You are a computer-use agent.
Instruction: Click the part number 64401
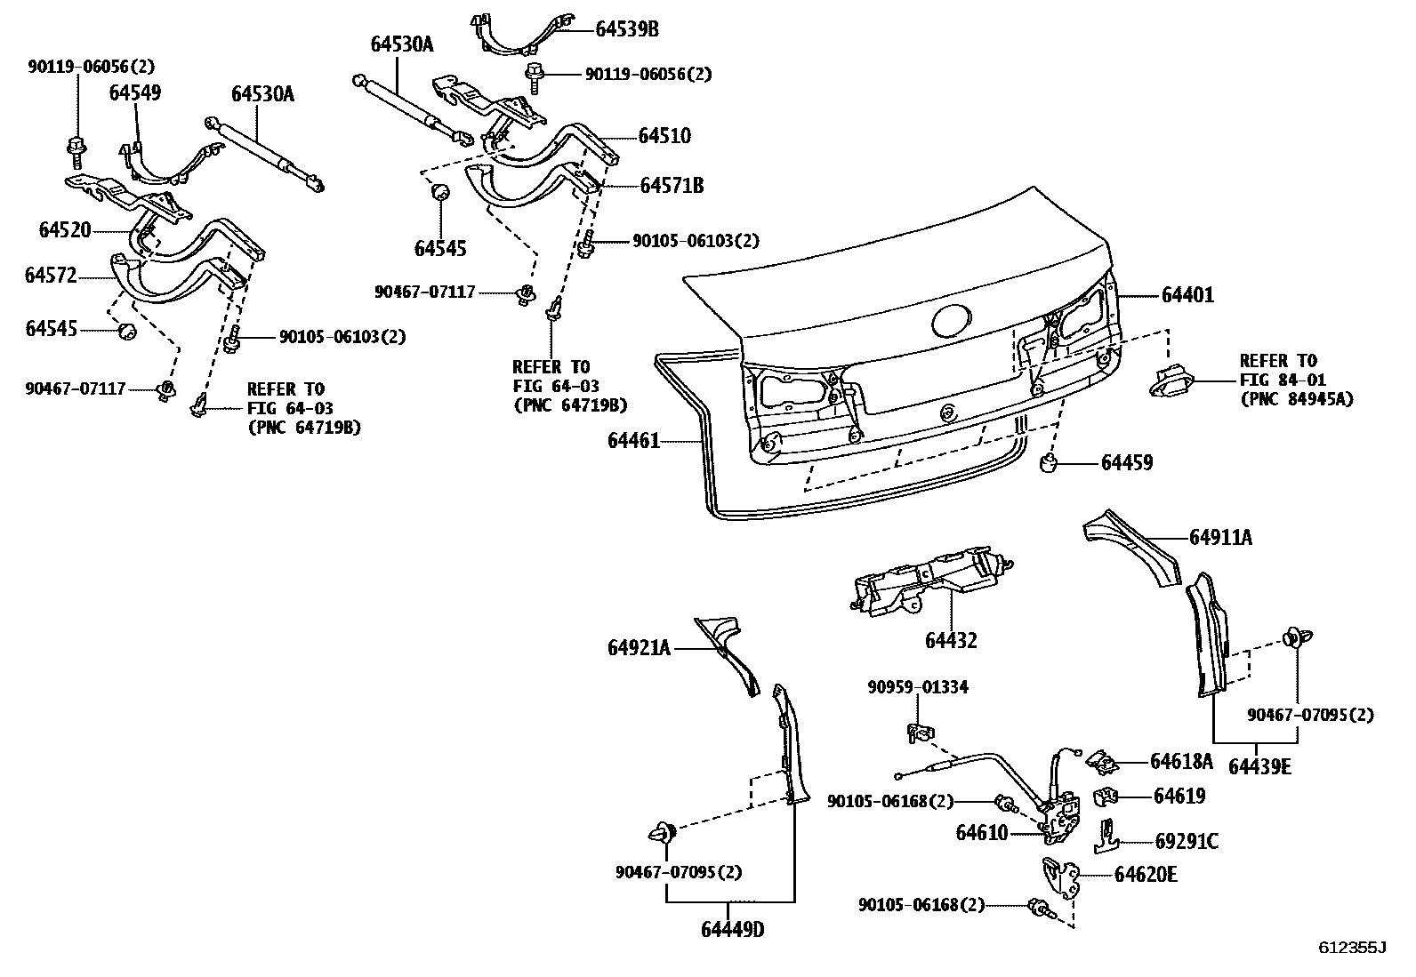(1187, 294)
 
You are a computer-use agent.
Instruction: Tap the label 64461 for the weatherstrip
(634, 440)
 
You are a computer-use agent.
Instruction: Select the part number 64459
(1127, 462)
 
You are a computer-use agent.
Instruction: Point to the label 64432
(951, 640)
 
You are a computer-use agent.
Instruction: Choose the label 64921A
(640, 648)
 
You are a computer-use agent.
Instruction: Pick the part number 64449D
(732, 930)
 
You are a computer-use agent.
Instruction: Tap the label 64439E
(1259, 766)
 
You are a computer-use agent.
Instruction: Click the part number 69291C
(1187, 841)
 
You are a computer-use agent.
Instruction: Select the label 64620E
(1146, 875)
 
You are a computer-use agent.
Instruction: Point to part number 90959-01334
(918, 687)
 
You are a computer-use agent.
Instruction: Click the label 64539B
(626, 29)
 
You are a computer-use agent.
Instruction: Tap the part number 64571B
(672, 185)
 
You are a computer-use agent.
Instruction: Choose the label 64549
(135, 92)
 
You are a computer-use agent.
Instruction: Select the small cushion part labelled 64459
(1050, 462)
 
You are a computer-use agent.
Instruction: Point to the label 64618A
(1181, 761)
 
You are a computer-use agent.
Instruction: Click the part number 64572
(51, 276)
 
